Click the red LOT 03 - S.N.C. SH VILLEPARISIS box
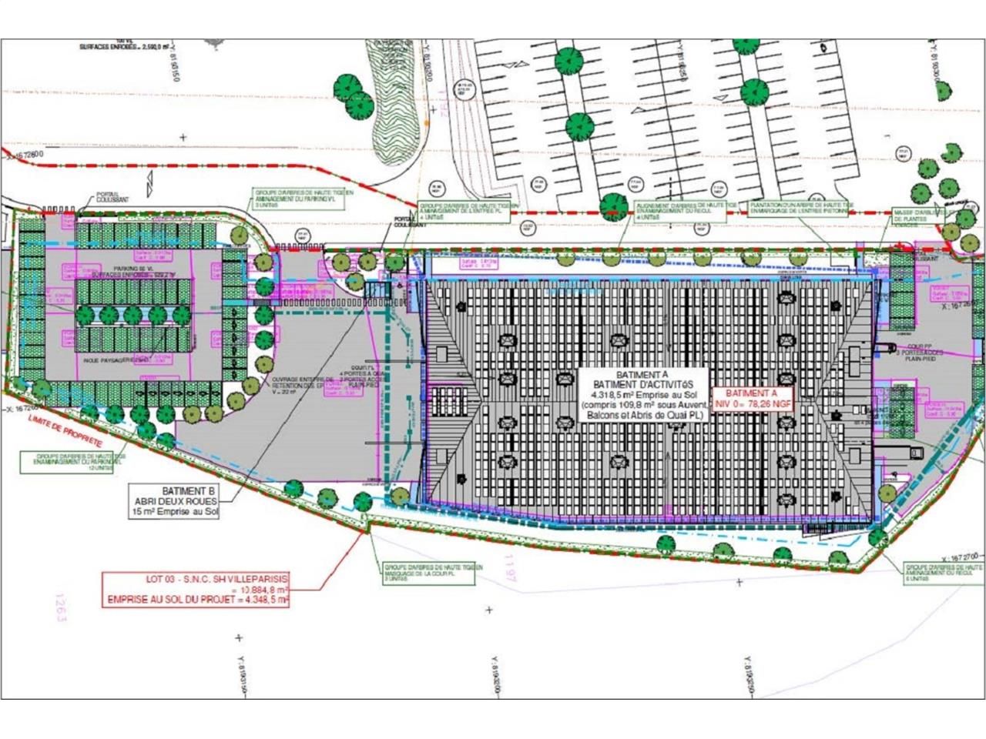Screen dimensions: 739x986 tap(197, 589)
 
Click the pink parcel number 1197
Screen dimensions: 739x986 tap(509, 570)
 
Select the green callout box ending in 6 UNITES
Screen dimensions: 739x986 tap(944, 572)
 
